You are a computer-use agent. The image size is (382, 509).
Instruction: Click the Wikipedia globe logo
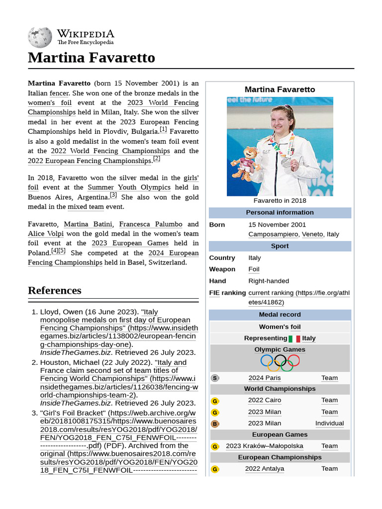pos(40,37)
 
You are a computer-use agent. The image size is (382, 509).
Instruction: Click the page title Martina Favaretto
pos(92,58)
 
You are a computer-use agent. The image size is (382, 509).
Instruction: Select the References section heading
pos(54,290)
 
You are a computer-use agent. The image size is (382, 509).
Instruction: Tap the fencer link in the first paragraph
pos(59,93)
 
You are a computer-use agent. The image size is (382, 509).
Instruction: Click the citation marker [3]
pos(113,195)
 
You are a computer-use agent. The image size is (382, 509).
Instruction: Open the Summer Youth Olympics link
pos(129,187)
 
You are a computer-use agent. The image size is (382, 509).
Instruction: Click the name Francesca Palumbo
pos(151,224)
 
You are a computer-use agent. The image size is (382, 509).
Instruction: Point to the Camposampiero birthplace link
pos(273,234)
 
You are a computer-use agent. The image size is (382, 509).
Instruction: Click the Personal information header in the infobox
pos(280,212)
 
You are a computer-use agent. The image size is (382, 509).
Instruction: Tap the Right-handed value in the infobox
pos(269,281)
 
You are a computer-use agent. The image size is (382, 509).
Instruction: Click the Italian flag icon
pos(294,339)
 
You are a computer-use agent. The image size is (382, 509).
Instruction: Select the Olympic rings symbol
pos(280,362)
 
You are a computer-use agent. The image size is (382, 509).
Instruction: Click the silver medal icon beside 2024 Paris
pos(215,378)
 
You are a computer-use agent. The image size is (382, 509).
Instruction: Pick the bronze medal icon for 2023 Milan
pos(215,424)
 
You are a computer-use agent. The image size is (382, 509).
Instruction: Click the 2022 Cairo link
pos(265,400)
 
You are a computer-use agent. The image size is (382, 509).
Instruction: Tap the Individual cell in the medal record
pos(329,424)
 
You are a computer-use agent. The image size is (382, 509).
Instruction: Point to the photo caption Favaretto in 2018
pos(280,201)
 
